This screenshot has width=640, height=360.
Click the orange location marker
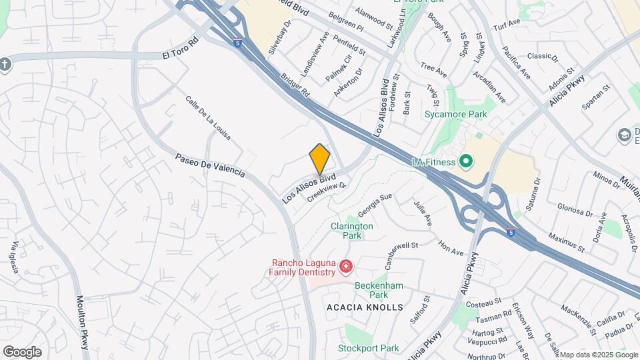click(320, 159)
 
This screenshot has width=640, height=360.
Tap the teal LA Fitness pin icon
click(466, 161)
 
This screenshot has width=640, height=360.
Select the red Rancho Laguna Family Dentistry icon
click(345, 267)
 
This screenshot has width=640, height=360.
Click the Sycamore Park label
click(456, 114)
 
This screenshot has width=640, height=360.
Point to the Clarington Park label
click(352, 231)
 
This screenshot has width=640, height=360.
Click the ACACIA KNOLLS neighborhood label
click(365, 307)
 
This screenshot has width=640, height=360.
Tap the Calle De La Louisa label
click(208, 117)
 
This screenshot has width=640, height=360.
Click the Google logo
click(22, 351)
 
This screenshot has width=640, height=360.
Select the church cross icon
click(5, 64)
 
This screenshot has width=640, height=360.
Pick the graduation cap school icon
click(625, 135)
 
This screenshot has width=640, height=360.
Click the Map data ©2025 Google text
click(598, 355)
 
